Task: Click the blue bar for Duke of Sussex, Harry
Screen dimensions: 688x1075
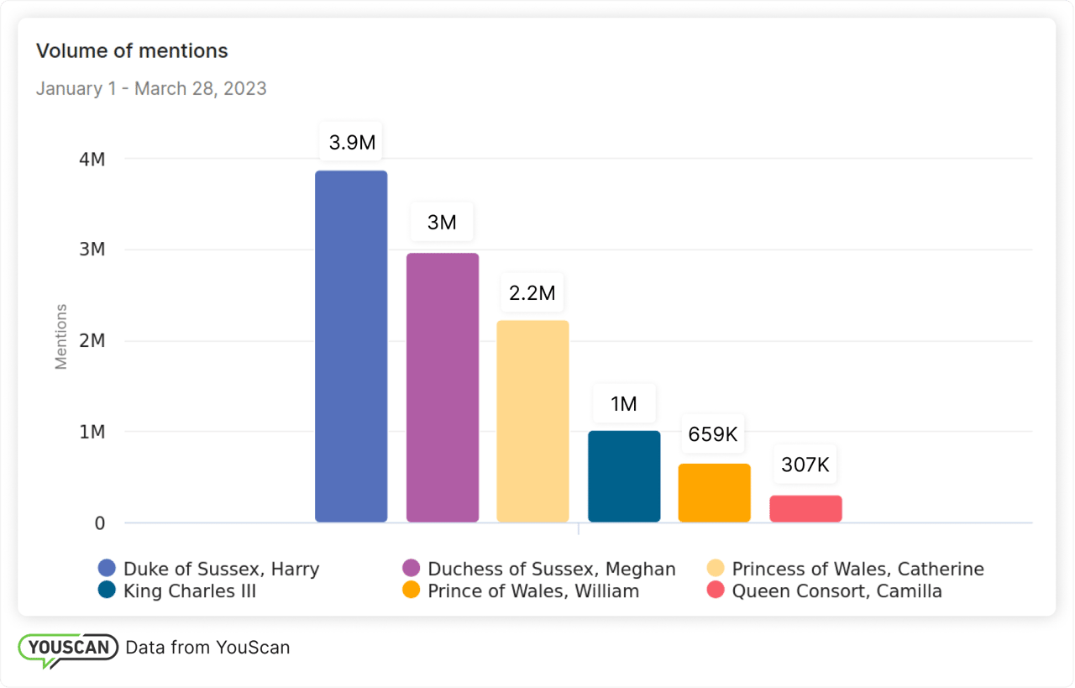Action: pyautogui.click(x=351, y=346)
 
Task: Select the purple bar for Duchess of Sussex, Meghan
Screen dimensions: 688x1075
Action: pyautogui.click(x=443, y=387)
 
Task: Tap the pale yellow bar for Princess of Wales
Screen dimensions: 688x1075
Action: pyautogui.click(x=532, y=421)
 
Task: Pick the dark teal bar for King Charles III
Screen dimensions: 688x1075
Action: pyautogui.click(x=624, y=476)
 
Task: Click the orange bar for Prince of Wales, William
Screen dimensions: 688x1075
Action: pyautogui.click(x=715, y=493)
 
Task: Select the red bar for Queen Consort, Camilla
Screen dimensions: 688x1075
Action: pyautogui.click(x=805, y=509)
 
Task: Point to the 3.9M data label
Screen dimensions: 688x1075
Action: pyautogui.click(x=352, y=143)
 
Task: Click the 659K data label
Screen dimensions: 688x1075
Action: pyautogui.click(x=713, y=434)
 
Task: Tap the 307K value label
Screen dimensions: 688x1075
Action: pyautogui.click(x=805, y=465)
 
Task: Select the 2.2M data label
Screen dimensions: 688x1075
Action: pyautogui.click(x=532, y=293)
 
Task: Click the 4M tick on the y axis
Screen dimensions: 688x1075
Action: pyautogui.click(x=92, y=159)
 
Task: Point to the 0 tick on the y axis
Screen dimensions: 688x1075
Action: pyautogui.click(x=100, y=523)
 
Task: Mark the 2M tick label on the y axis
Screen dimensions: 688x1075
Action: pyautogui.click(x=92, y=341)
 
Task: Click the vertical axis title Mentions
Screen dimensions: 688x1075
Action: pyautogui.click(x=61, y=337)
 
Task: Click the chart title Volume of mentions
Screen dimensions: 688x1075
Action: pyautogui.click(x=132, y=50)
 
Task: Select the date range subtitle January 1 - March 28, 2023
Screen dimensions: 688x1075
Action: pyautogui.click(x=151, y=88)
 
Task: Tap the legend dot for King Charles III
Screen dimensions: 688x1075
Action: pyautogui.click(x=107, y=591)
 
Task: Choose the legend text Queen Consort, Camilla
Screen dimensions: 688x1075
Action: pyautogui.click(x=836, y=591)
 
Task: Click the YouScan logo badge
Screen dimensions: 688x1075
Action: pyautogui.click(x=67, y=649)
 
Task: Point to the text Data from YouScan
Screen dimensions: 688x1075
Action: pyautogui.click(x=207, y=647)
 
